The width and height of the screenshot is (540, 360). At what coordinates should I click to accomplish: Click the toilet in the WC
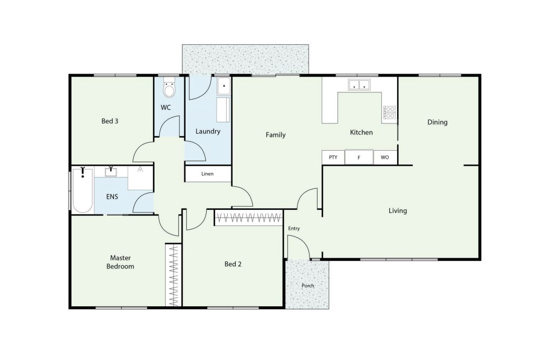coord(169,88)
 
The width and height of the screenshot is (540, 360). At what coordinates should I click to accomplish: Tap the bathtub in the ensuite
coord(83,190)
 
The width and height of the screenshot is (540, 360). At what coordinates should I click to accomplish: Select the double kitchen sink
coord(359,85)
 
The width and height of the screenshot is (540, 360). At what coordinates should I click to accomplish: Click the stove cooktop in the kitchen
coord(390,113)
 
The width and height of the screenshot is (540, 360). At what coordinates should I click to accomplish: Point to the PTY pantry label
coord(333,157)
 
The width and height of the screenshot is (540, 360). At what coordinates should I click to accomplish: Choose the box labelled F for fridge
coord(359,157)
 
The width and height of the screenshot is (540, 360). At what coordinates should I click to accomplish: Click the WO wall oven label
coord(384,157)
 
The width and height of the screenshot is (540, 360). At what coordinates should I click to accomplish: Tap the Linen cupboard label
coord(207,174)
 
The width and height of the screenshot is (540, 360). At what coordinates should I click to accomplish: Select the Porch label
coord(307,285)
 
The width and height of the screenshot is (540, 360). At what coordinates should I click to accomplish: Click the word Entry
coord(294,228)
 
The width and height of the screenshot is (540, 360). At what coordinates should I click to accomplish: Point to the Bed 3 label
coord(110,121)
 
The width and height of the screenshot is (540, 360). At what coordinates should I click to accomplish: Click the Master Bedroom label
coord(120,262)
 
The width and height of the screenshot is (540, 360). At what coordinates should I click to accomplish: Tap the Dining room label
coord(437,122)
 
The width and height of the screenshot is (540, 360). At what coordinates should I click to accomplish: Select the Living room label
coord(398,211)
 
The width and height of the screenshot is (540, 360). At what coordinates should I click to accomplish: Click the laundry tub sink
coord(224,86)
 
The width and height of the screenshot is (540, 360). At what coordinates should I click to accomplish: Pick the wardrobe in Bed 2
coord(249,218)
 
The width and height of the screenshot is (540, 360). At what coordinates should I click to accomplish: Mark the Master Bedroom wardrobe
coord(173,275)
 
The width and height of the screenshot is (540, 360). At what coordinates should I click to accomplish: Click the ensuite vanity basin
coord(111,172)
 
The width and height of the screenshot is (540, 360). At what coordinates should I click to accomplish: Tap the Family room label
coord(275,135)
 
